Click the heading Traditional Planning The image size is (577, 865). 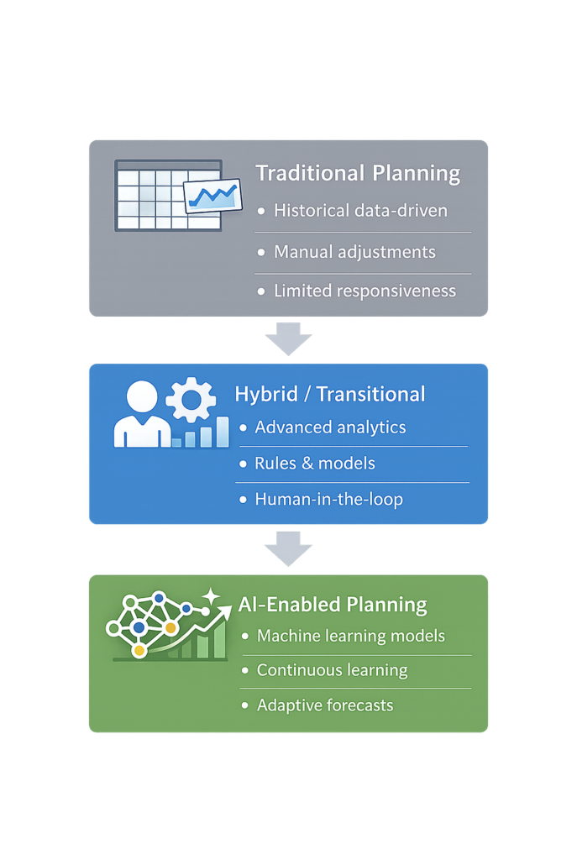click(x=358, y=173)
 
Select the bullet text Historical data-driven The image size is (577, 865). click(x=360, y=211)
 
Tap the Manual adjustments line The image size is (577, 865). click(x=354, y=251)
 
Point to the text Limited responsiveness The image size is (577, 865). click(x=365, y=291)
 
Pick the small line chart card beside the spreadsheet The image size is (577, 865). click(x=212, y=197)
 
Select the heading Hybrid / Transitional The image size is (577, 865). click(x=329, y=394)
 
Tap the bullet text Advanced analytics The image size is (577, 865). click(x=330, y=427)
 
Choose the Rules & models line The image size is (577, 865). click(x=315, y=464)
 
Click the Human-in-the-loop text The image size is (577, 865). click(x=328, y=499)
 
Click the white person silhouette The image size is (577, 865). click(x=142, y=414)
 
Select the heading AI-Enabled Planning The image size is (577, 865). click(x=333, y=605)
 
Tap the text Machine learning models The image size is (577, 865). click(x=351, y=636)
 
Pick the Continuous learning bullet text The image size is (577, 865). click(x=332, y=670)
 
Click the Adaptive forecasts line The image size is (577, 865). click(x=325, y=705)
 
